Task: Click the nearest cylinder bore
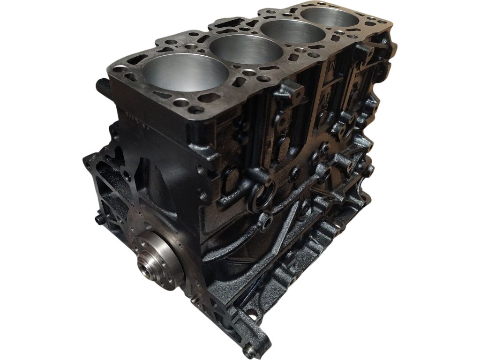pos(186,73)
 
